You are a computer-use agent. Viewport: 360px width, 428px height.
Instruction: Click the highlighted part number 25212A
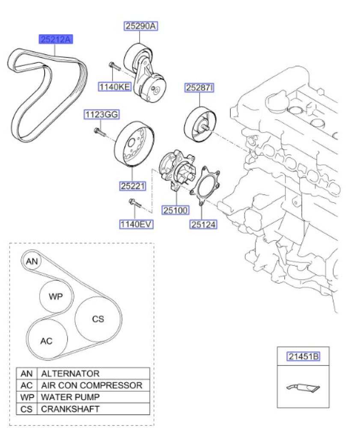tap(56, 40)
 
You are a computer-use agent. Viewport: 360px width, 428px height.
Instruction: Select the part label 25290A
tap(141, 26)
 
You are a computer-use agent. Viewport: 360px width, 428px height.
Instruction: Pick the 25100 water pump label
tap(175, 211)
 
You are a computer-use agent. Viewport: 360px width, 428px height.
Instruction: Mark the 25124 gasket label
tap(203, 224)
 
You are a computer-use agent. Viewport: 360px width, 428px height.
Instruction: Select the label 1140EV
tap(137, 224)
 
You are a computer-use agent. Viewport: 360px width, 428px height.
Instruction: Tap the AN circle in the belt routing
tap(32, 262)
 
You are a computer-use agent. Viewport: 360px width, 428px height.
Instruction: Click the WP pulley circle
tap(56, 296)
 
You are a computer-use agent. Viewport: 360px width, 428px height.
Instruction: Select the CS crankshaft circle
tap(98, 319)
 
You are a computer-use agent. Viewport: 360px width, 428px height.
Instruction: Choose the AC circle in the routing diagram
tap(46, 341)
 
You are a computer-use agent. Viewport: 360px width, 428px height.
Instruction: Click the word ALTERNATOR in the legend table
tap(70, 374)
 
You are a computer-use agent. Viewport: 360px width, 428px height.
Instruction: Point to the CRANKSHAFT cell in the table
tap(70, 409)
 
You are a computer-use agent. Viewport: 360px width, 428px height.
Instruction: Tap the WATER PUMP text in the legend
tap(70, 397)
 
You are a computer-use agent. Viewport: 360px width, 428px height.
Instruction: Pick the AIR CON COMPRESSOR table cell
tap(91, 385)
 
